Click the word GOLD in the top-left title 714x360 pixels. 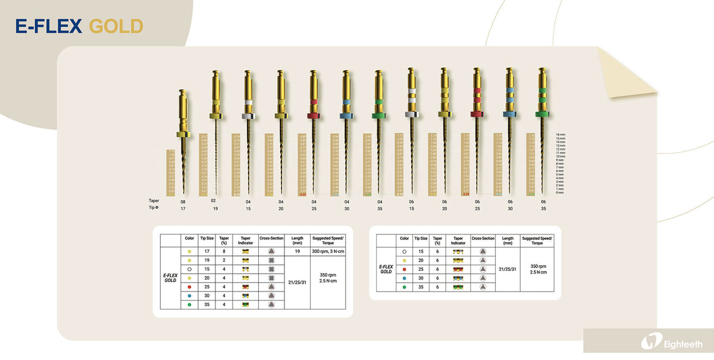[x=116, y=26]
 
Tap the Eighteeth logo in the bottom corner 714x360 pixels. [x=672, y=344]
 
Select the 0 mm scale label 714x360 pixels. [x=562, y=193]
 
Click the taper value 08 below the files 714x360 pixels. [x=183, y=202]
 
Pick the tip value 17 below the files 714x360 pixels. [x=183, y=208]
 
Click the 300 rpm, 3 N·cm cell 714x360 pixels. [x=328, y=252]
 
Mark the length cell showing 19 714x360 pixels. [x=297, y=252]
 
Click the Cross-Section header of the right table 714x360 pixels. [x=483, y=238]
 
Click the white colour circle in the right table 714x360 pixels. [x=404, y=252]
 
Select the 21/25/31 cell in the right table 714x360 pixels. [x=507, y=269]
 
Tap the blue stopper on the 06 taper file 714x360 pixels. [x=509, y=113]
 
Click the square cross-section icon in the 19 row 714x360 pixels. [x=271, y=260]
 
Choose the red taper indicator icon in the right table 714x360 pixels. [x=458, y=269]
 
